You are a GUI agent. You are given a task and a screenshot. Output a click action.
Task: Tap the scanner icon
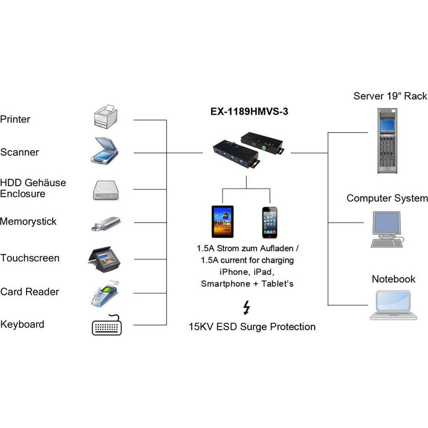click(104, 151)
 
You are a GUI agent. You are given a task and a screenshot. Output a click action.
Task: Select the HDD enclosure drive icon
click(106, 190)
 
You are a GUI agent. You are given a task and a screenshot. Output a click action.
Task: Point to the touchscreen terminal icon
click(104, 259)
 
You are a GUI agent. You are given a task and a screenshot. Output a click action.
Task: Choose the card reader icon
click(105, 293)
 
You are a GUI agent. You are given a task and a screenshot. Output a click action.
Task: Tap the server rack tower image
click(388, 140)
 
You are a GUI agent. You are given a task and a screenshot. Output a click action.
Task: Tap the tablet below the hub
click(223, 221)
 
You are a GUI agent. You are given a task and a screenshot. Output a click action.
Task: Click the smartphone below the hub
click(270, 222)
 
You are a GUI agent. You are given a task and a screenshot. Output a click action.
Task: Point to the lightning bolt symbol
click(247, 308)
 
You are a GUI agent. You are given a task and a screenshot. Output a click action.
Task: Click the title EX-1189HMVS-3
click(246, 112)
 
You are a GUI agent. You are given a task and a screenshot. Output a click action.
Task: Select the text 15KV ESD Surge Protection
click(252, 327)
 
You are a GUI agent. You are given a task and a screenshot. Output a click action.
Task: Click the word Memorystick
click(28, 221)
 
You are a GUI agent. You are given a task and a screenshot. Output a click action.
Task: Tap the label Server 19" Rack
click(390, 96)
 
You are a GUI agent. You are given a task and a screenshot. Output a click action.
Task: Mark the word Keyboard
click(22, 324)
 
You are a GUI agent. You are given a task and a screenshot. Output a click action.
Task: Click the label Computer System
click(387, 199)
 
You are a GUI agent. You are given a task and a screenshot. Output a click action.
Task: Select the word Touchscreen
click(30, 258)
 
